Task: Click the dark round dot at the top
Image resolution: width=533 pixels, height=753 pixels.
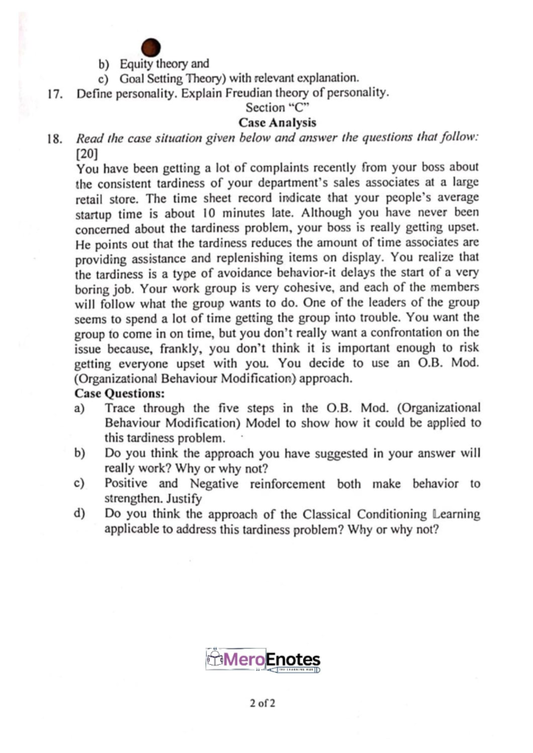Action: point(151,48)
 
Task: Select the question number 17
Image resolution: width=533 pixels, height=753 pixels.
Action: point(51,93)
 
